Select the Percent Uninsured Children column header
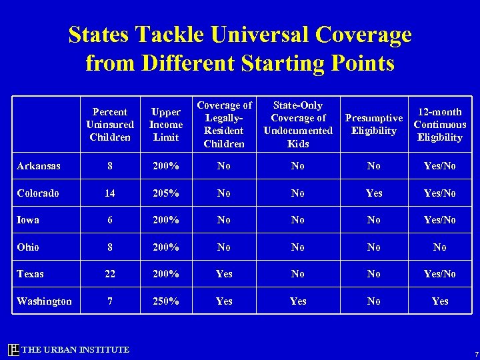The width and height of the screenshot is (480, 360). [110, 125]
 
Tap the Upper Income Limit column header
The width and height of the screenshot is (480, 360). [166, 125]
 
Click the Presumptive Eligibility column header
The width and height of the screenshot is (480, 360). [373, 125]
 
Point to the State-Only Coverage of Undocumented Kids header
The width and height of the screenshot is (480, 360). [298, 125]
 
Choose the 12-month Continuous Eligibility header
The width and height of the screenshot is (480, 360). [439, 125]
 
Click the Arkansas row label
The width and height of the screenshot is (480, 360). [39, 166]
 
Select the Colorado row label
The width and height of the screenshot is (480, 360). [38, 193]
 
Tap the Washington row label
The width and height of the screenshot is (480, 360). [45, 301]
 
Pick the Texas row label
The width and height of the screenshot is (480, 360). [30, 274]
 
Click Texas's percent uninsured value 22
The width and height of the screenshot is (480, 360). [110, 274]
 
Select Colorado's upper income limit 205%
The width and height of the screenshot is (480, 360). [166, 193]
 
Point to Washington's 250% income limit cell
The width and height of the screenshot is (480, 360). [166, 301]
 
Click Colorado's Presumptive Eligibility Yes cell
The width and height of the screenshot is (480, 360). [374, 193]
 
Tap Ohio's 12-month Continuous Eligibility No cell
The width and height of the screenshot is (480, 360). [440, 247]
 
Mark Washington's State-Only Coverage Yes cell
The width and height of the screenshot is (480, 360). [298, 301]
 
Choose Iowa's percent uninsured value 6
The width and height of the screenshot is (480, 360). [110, 220]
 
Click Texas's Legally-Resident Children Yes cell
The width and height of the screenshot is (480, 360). [224, 274]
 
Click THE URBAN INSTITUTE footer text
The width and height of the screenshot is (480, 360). [75, 350]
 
